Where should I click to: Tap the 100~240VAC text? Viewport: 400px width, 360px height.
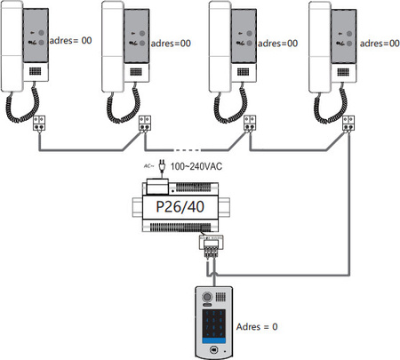pos(198,166)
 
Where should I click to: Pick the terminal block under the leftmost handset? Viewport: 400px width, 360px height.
pos(41,124)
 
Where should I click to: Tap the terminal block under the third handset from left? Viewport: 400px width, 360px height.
pos(249,125)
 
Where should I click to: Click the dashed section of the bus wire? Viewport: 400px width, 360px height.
pos(188,148)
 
